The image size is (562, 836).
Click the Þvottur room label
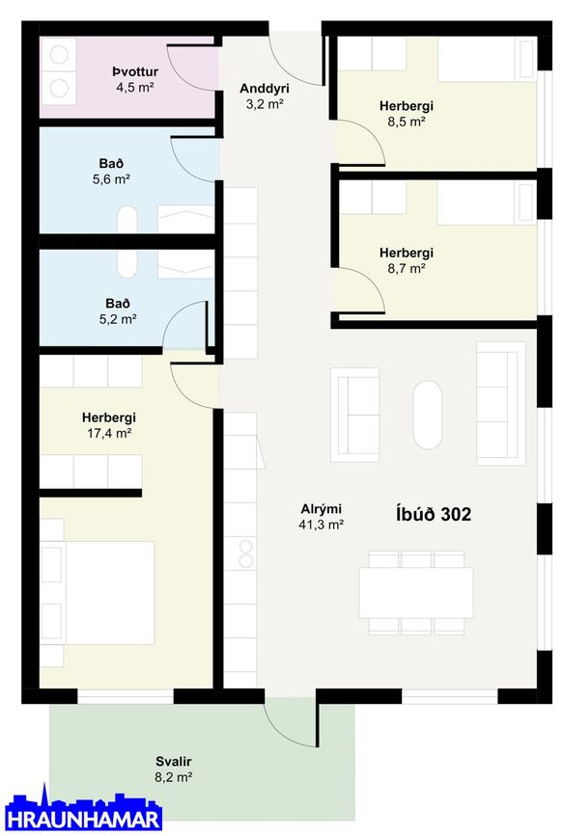tap(135, 71)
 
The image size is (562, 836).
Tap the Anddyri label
tap(265, 88)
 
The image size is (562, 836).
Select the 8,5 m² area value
tap(407, 121)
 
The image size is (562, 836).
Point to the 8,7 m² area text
tap(407, 268)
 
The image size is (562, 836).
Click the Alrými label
tap(321, 508)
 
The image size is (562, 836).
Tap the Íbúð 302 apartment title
tap(434, 514)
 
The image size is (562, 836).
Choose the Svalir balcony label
tap(174, 762)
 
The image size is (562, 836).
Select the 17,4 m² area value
tap(109, 433)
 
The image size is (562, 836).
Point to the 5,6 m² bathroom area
tap(111, 179)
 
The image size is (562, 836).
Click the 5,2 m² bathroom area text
tap(118, 319)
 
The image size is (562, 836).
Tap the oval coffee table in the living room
tap(428, 415)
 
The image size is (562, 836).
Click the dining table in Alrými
tap(416, 593)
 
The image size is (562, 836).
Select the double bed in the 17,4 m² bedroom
tap(98, 593)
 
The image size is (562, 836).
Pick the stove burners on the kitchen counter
tap(245, 553)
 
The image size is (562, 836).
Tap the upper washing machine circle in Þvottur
tap(59, 55)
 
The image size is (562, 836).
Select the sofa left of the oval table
tap(355, 415)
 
